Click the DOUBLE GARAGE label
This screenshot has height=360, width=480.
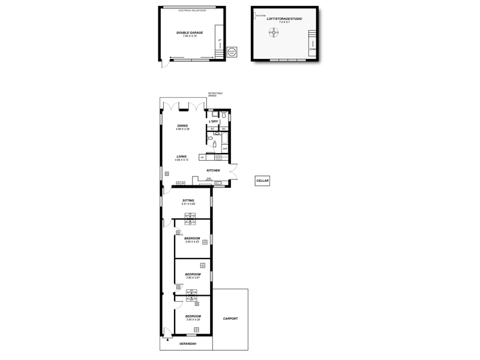[x=190, y=32]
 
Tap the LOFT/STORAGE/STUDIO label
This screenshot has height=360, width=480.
[x=284, y=19]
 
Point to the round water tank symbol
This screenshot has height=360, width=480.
[x=232, y=52]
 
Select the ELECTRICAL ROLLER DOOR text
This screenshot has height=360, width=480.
[x=192, y=10]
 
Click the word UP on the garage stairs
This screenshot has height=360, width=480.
[x=220, y=40]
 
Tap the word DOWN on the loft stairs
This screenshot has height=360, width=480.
[x=313, y=49]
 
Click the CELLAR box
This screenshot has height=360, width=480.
[x=262, y=181]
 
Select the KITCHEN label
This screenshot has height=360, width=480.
[x=213, y=170]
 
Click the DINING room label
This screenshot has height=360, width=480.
[x=182, y=125]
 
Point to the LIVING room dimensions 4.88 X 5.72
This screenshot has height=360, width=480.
[x=182, y=160]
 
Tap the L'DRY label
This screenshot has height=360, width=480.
[x=214, y=122]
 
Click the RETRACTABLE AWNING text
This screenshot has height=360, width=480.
[x=215, y=94]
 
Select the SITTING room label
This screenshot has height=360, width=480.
[x=188, y=200]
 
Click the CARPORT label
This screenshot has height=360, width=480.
[x=230, y=319]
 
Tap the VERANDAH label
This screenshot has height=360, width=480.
[x=188, y=344]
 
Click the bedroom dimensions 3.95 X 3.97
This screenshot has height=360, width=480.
[x=193, y=278]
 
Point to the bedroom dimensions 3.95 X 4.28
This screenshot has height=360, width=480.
[x=193, y=320]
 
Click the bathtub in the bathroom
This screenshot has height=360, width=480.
[x=225, y=139]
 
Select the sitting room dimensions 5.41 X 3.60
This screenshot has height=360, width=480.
[x=188, y=204]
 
